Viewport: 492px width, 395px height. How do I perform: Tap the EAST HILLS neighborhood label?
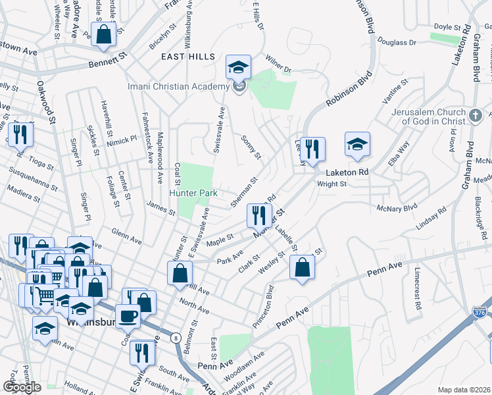point(188,57)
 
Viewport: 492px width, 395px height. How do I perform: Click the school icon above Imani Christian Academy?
point(238,67)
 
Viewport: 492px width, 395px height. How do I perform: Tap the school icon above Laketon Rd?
point(357,144)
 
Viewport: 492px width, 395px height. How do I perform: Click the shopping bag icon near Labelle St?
point(302,267)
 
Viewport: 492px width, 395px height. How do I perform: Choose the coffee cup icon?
point(128,316)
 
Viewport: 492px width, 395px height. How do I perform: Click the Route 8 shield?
point(176,338)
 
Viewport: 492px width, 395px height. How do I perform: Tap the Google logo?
point(22,387)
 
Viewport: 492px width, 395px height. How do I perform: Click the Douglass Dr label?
point(403,42)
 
